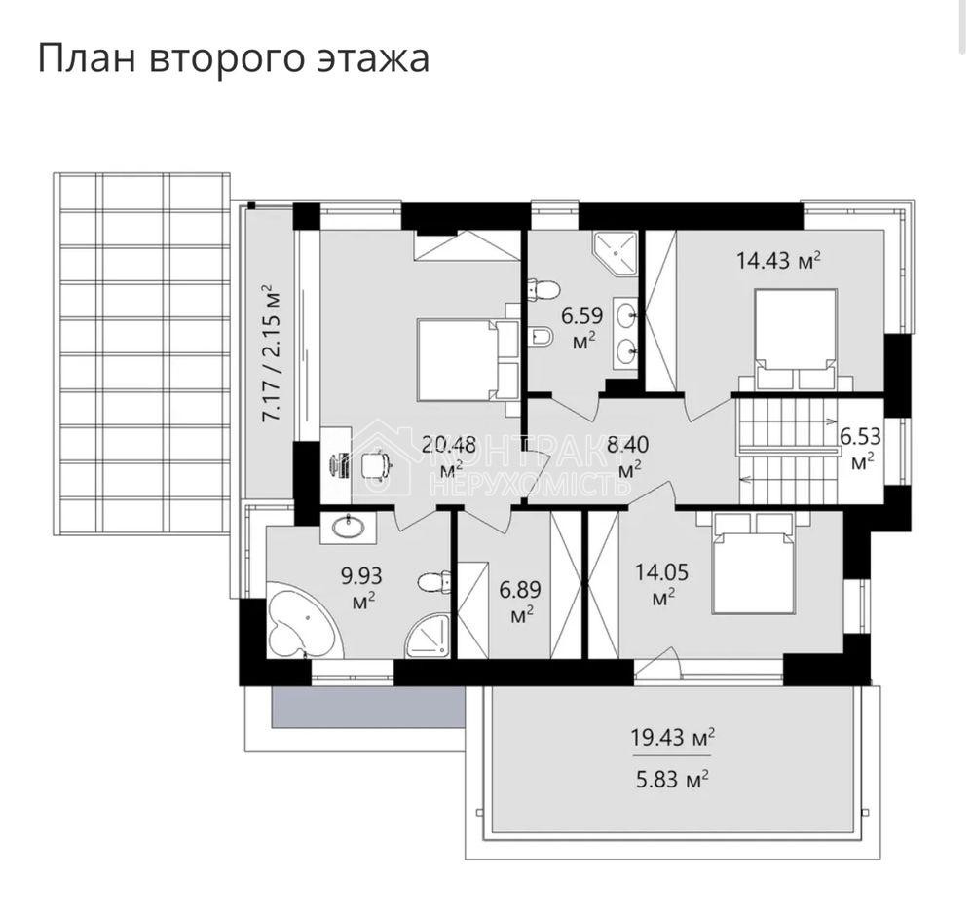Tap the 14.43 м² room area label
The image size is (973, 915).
pyautogui.click(x=779, y=260)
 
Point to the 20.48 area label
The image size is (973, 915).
pyautogui.click(x=448, y=446)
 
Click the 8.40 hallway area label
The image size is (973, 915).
pyautogui.click(x=628, y=446)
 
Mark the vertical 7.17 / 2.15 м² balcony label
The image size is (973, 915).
pyautogui.click(x=270, y=351)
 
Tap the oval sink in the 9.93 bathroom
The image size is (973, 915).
pyautogui.click(x=349, y=528)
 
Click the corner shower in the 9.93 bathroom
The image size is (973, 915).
pyautogui.click(x=429, y=635)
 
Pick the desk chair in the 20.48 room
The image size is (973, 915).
pyautogui.click(x=376, y=466)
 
